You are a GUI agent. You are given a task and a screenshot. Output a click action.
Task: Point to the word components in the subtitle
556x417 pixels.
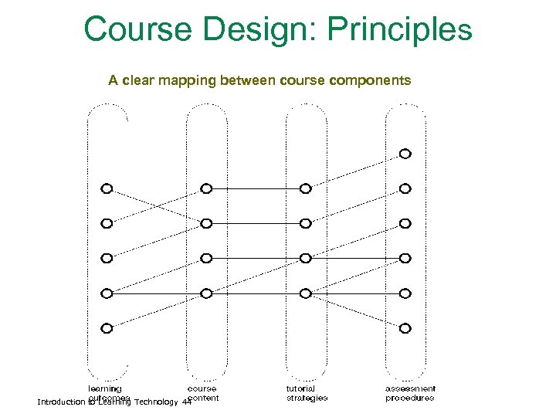pyautogui.click(x=370, y=80)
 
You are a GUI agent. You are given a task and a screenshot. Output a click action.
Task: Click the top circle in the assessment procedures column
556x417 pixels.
pyautogui.click(x=405, y=154)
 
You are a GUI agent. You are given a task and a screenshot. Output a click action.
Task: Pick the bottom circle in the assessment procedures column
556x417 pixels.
pyautogui.click(x=405, y=328)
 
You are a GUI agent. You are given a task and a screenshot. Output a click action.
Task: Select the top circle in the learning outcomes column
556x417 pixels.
pyautogui.click(x=107, y=188)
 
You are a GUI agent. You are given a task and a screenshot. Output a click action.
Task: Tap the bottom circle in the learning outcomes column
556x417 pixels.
pyautogui.click(x=107, y=328)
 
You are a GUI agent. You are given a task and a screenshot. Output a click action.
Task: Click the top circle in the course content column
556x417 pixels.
pyautogui.click(x=206, y=188)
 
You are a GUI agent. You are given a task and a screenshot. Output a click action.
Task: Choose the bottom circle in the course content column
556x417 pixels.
pyautogui.click(x=206, y=293)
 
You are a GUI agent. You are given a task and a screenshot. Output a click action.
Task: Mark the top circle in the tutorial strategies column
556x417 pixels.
pyautogui.click(x=306, y=188)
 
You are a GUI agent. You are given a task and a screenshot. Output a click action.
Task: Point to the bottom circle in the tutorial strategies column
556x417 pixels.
pyautogui.click(x=306, y=293)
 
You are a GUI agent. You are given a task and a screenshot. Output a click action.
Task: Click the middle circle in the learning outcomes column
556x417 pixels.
pyautogui.click(x=107, y=258)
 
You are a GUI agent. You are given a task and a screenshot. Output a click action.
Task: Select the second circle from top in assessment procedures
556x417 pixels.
pyautogui.click(x=405, y=188)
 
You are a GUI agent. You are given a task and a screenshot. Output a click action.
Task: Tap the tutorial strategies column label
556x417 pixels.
pyautogui.click(x=307, y=393)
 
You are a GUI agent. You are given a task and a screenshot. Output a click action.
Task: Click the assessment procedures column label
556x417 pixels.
pyautogui.click(x=410, y=393)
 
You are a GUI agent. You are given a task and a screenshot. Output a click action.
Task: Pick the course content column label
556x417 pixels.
pyautogui.click(x=203, y=393)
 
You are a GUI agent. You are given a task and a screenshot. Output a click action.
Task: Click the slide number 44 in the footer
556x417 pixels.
pyautogui.click(x=185, y=402)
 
